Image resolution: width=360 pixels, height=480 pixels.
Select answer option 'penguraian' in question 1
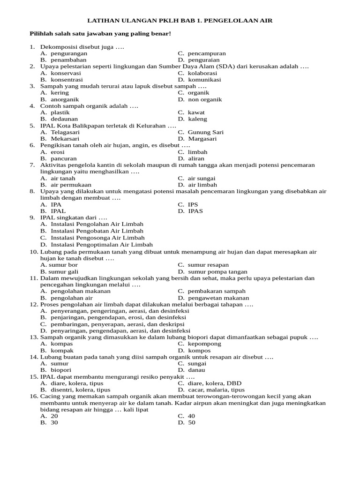point(205,60)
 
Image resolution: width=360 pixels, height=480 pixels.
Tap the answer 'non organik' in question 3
point(205,99)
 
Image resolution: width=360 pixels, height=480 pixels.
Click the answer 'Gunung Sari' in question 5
point(206,132)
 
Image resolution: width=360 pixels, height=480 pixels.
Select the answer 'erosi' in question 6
point(58,152)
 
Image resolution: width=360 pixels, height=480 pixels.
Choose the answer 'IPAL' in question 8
point(58,211)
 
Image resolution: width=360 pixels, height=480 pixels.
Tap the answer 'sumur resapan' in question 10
point(208,265)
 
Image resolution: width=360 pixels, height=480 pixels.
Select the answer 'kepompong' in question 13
point(204,344)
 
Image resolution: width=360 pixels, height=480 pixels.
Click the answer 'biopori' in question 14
point(61,370)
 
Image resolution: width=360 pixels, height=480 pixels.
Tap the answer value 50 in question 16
point(192,422)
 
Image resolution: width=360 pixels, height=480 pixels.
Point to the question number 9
point(31,217)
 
